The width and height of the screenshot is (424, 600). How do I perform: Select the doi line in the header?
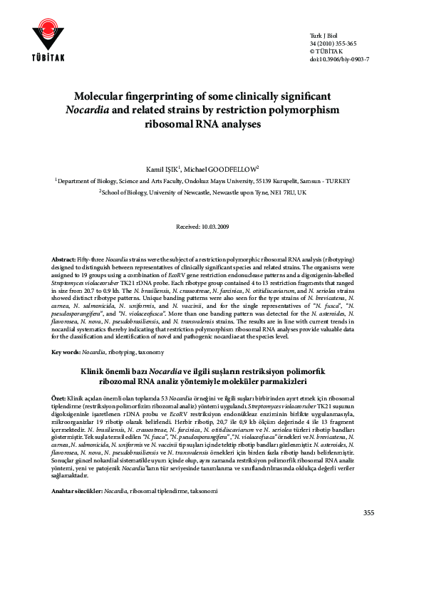(339, 59)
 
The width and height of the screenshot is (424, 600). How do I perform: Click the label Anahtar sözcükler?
(78, 472)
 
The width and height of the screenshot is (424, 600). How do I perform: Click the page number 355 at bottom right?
(368, 512)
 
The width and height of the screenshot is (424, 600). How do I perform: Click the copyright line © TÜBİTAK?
(326, 51)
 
